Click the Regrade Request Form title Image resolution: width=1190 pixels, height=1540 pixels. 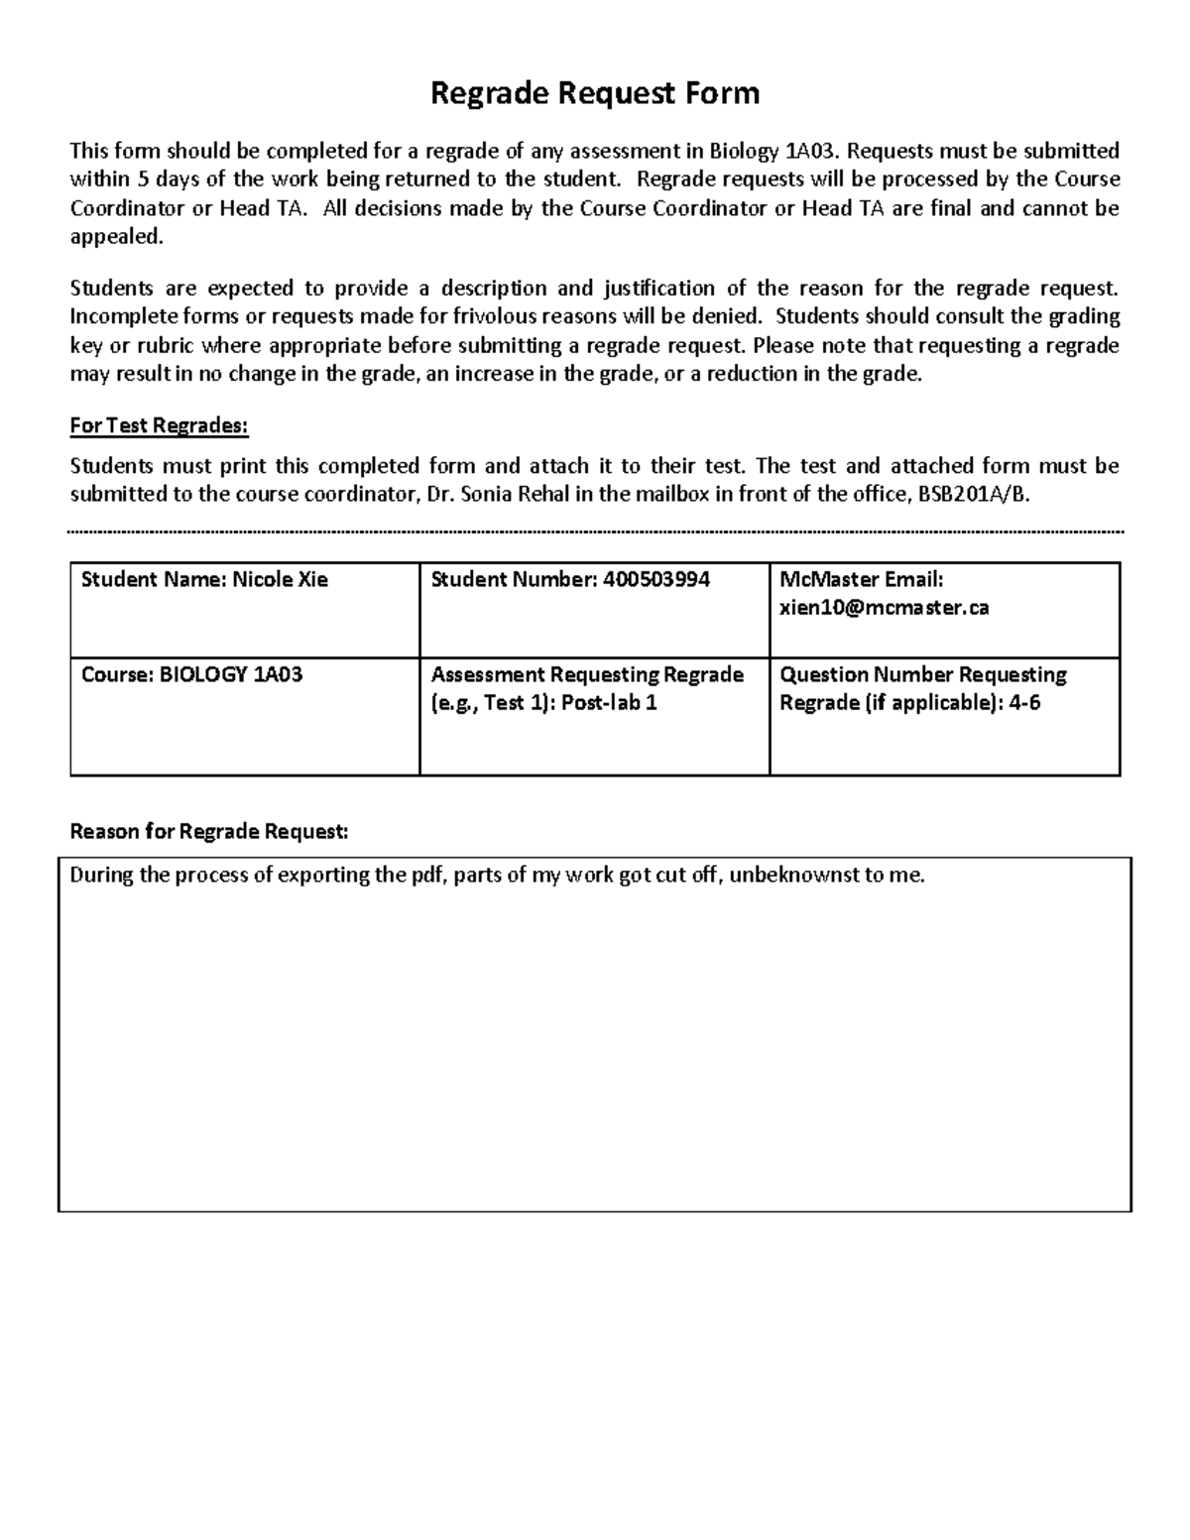(594, 93)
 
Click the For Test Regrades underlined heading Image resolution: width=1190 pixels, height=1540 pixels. (159, 425)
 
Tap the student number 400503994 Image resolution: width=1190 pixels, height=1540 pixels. (655, 579)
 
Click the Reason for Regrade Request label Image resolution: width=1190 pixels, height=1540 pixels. (209, 831)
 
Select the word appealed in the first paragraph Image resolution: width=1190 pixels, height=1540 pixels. (114, 236)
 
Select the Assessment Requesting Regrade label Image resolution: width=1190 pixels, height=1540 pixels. (587, 674)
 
